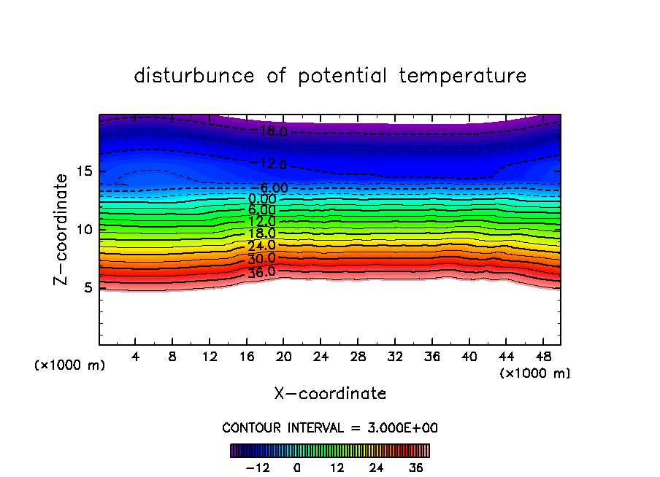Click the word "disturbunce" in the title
coord(194,76)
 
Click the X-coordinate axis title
coord(330,394)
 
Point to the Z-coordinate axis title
coord(63,229)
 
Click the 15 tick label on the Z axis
coord(85,171)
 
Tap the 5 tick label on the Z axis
coord(88,287)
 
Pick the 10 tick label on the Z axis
coord(85,230)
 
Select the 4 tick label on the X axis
coord(136,357)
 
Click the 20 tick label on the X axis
coord(283,357)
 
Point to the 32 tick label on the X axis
coord(394,357)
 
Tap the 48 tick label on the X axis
coord(542,357)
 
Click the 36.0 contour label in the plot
coord(261,272)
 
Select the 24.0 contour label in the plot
coord(261,246)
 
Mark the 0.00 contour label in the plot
coord(262,198)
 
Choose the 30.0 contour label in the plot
coord(261,259)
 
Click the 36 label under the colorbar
coord(416,468)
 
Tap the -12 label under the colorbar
coord(257,468)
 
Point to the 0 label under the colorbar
coord(297,468)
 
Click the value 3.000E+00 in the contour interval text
coord(399,428)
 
